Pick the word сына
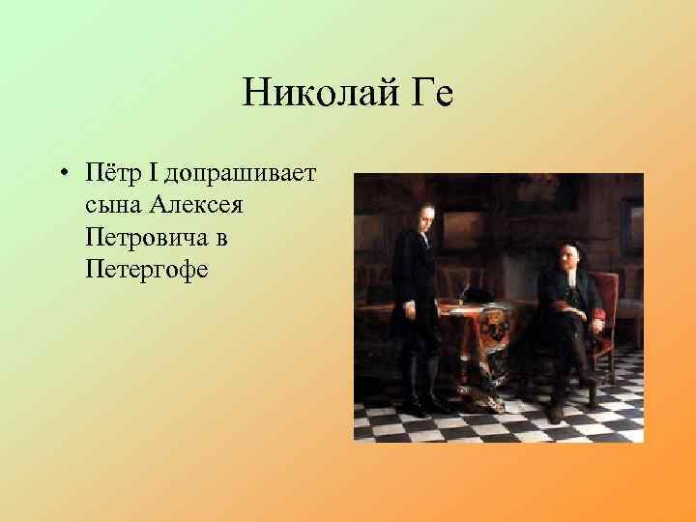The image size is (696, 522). tap(113, 205)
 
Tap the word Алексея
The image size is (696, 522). tap(204, 205)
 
